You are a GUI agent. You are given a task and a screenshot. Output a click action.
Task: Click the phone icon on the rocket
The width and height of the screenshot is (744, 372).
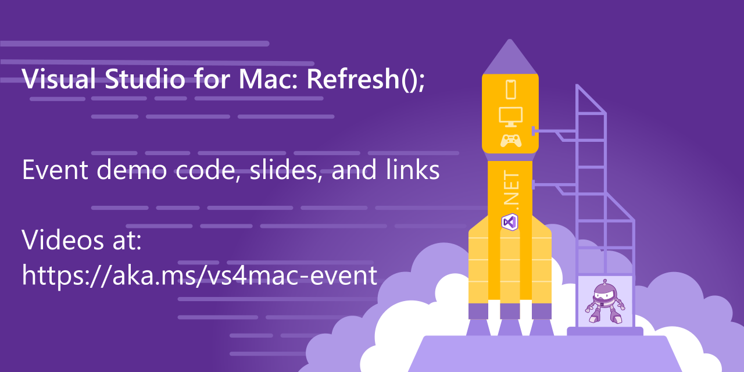511,89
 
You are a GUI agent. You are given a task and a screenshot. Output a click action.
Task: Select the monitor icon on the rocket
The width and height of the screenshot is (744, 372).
511,116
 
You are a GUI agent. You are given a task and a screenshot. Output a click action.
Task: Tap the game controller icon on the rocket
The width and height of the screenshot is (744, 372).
511,141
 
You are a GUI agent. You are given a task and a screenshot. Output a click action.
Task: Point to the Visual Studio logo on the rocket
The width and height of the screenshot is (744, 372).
510,221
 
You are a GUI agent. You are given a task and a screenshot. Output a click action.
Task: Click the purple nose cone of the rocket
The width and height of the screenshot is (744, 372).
510,58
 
